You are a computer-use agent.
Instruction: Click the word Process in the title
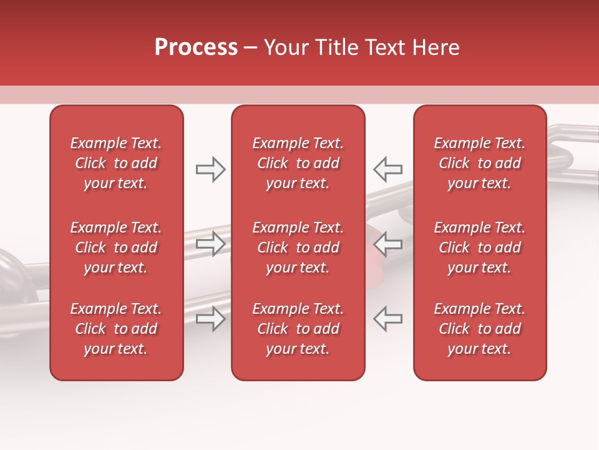click(x=196, y=47)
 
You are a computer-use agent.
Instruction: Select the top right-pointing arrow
click(x=211, y=169)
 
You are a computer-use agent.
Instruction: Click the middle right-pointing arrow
click(x=211, y=244)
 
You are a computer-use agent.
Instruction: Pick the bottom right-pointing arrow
click(x=211, y=318)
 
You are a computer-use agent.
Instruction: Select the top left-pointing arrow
click(x=387, y=169)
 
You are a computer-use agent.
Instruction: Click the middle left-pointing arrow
click(x=387, y=244)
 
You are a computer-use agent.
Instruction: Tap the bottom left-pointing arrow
click(x=387, y=318)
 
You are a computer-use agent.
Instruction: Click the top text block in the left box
click(x=116, y=163)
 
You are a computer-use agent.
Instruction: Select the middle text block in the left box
click(x=116, y=247)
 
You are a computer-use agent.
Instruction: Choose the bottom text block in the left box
click(x=116, y=329)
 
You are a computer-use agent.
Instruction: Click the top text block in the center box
click(x=298, y=163)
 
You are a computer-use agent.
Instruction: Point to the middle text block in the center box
click(x=298, y=247)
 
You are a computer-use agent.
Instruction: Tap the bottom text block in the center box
click(x=298, y=329)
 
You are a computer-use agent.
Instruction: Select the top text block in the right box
click(x=480, y=163)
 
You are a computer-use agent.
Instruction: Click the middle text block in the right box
click(x=480, y=247)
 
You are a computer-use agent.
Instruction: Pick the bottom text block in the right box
click(x=480, y=329)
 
